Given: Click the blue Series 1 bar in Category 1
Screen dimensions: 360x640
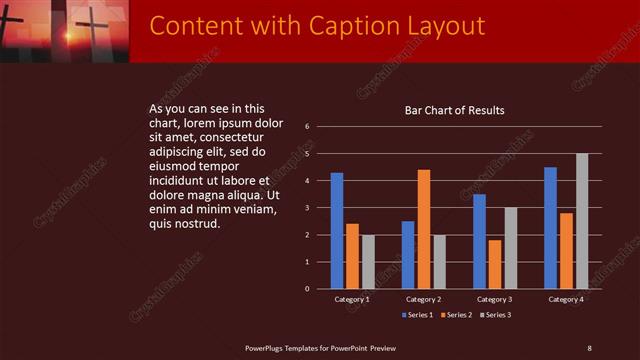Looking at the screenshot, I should [337, 230].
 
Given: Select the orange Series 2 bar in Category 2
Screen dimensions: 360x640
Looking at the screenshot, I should [423, 229].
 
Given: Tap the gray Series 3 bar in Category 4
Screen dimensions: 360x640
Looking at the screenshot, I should [581, 221].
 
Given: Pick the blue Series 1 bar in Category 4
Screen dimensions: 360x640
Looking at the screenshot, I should [550, 227].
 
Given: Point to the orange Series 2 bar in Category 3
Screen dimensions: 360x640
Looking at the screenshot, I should [494, 264].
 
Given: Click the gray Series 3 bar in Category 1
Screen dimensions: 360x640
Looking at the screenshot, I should [367, 261].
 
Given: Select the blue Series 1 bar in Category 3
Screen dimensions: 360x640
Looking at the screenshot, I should [479, 241].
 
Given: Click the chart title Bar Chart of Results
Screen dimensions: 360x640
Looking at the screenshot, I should [454, 110].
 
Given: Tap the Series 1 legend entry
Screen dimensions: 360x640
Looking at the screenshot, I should [418, 316].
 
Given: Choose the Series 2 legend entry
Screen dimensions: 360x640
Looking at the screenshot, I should [455, 316].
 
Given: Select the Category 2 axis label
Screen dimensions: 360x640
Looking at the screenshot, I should [423, 299].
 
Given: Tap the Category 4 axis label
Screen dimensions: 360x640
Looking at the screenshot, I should [565, 299].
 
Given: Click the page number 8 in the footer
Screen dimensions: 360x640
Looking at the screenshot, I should [589, 347].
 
